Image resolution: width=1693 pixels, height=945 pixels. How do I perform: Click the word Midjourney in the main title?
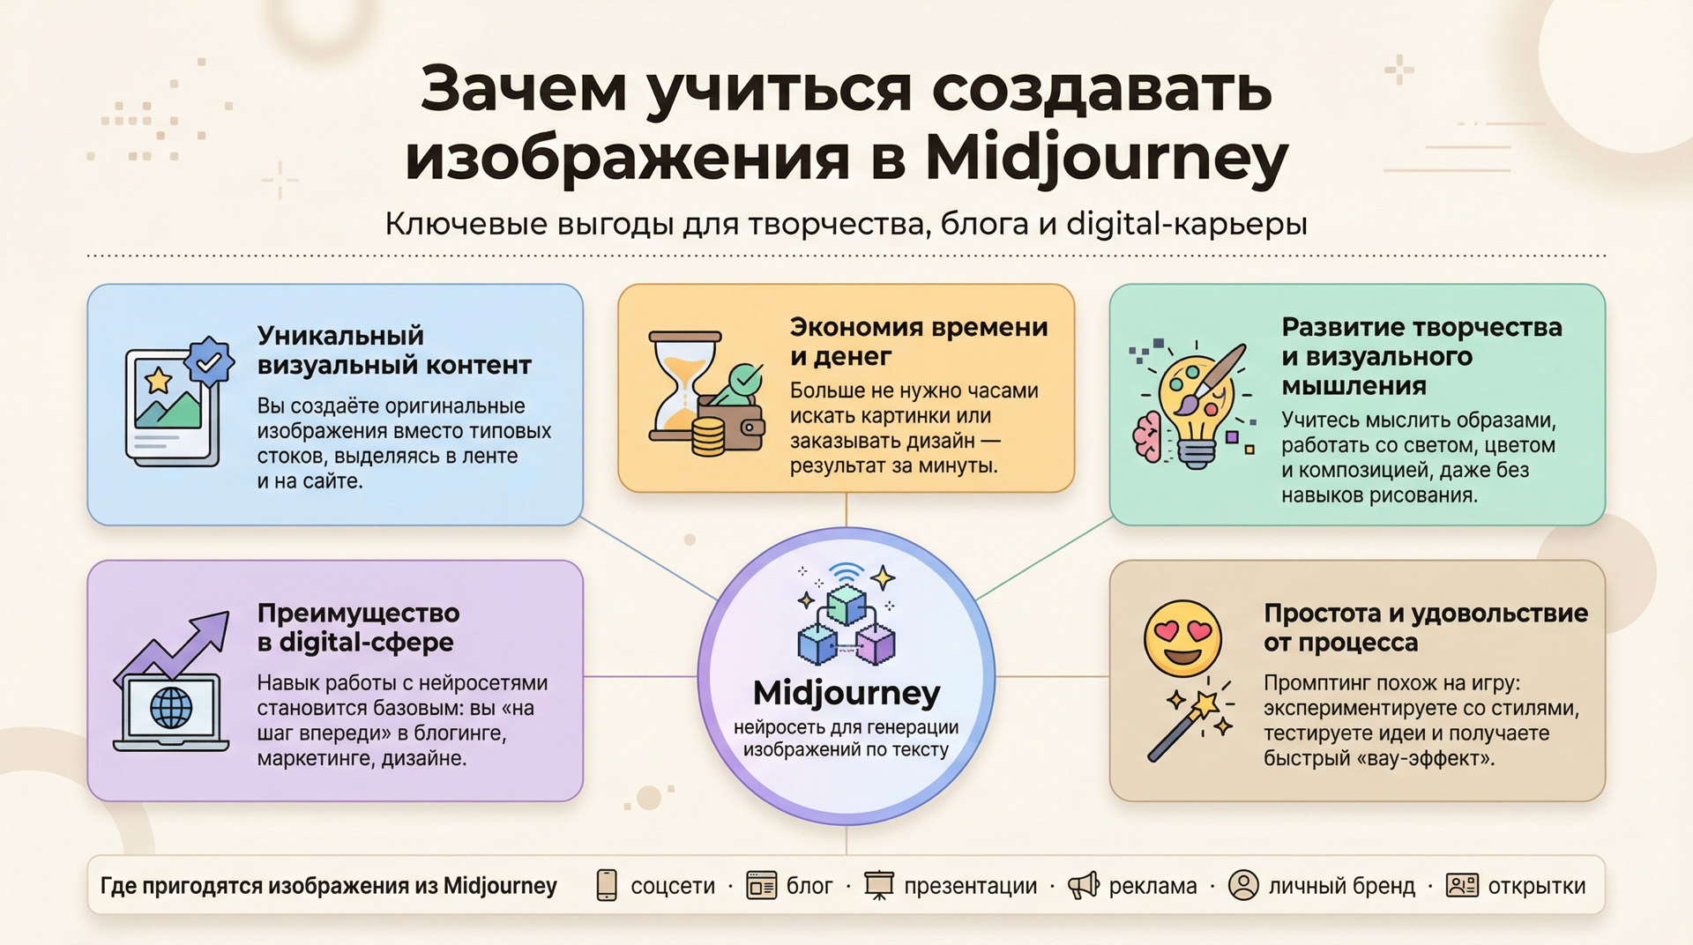point(1107,159)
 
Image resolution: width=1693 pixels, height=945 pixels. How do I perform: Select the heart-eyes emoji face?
point(1182,638)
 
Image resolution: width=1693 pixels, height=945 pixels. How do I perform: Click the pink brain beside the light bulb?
point(1148,436)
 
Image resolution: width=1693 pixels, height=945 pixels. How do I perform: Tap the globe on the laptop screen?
point(171,707)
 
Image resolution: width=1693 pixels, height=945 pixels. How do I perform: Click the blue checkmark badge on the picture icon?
point(209,361)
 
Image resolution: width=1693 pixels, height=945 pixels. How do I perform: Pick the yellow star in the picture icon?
point(159,381)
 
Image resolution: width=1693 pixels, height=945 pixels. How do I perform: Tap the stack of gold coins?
point(708,437)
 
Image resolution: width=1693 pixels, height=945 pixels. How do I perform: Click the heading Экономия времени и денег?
point(919,341)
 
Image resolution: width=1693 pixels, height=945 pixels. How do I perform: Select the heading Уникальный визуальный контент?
point(394,350)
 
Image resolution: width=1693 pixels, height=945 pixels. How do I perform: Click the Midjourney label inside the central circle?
point(846,694)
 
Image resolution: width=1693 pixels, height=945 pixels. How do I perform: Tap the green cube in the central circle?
point(846,605)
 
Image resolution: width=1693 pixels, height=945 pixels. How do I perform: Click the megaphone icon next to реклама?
point(1084,885)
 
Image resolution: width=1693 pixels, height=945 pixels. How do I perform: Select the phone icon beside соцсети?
point(607,885)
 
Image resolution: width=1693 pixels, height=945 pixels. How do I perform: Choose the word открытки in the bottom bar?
point(1537,886)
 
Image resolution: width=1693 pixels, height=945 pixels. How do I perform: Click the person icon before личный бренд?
point(1243,885)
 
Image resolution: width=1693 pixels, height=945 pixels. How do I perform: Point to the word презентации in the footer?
point(971,887)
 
